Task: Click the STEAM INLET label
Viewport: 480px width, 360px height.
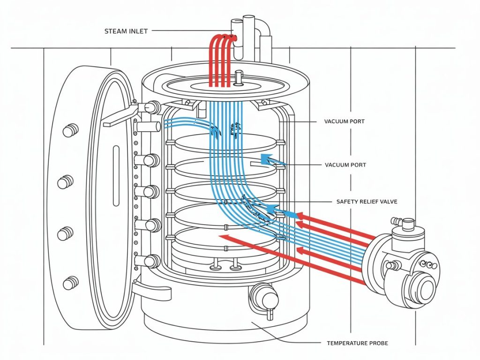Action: [126, 31]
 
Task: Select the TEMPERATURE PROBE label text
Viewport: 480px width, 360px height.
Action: [357, 343]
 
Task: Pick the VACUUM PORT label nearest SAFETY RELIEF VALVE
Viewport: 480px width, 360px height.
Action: [345, 165]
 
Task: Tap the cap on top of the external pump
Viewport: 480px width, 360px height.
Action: [408, 223]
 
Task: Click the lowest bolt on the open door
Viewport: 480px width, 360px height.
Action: [70, 282]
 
